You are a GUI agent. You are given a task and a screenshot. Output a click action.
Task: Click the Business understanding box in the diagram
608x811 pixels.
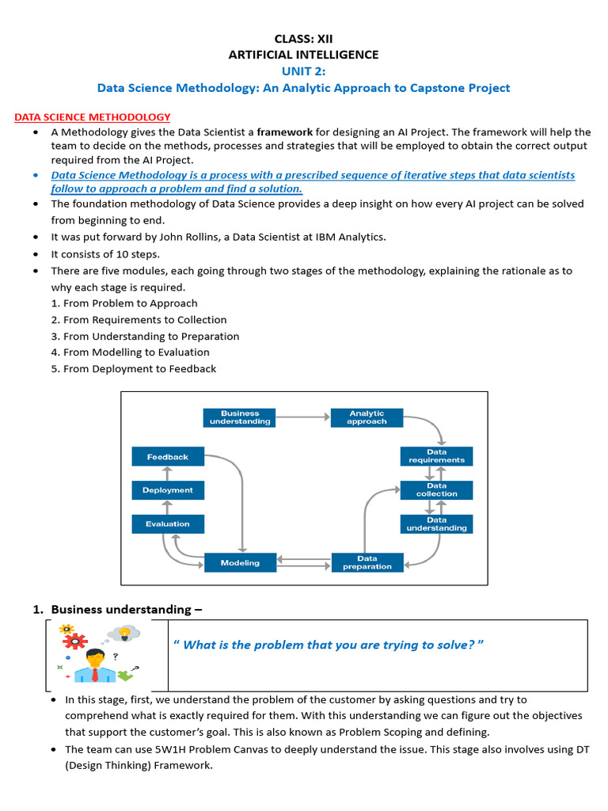240,417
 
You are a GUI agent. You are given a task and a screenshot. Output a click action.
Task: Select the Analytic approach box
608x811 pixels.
367,417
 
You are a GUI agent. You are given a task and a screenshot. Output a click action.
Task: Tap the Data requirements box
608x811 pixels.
436,456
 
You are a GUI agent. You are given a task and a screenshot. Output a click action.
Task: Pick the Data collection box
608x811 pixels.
436,489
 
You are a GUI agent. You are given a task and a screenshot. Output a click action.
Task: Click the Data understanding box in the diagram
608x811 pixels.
436,524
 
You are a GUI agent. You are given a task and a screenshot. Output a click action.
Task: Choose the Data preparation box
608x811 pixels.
367,562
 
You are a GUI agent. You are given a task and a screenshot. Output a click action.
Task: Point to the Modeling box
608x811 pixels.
240,562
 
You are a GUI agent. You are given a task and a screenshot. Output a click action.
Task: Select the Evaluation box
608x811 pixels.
167,524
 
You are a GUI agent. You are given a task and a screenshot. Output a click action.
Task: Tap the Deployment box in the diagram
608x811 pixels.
167,490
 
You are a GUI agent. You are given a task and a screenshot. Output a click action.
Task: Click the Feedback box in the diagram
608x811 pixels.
167,456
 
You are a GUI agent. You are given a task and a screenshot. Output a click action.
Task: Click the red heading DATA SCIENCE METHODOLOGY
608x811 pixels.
93,117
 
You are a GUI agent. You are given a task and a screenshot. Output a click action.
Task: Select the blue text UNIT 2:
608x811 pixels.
303,71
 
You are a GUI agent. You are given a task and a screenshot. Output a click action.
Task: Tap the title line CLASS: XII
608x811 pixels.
303,38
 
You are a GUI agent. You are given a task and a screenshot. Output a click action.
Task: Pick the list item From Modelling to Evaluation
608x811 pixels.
131,352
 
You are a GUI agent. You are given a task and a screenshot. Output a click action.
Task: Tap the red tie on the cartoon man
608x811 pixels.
95,674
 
